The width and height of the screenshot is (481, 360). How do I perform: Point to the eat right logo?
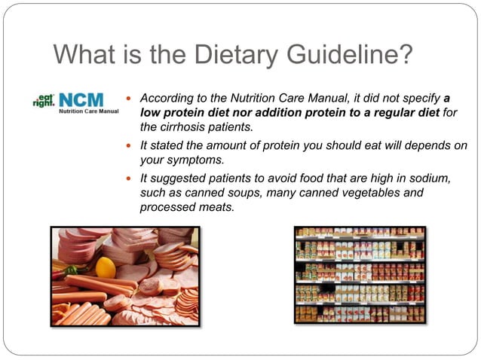(43, 99)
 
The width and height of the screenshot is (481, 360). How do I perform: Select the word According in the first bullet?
(168, 99)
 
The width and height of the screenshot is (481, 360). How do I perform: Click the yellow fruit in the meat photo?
(106, 267)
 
